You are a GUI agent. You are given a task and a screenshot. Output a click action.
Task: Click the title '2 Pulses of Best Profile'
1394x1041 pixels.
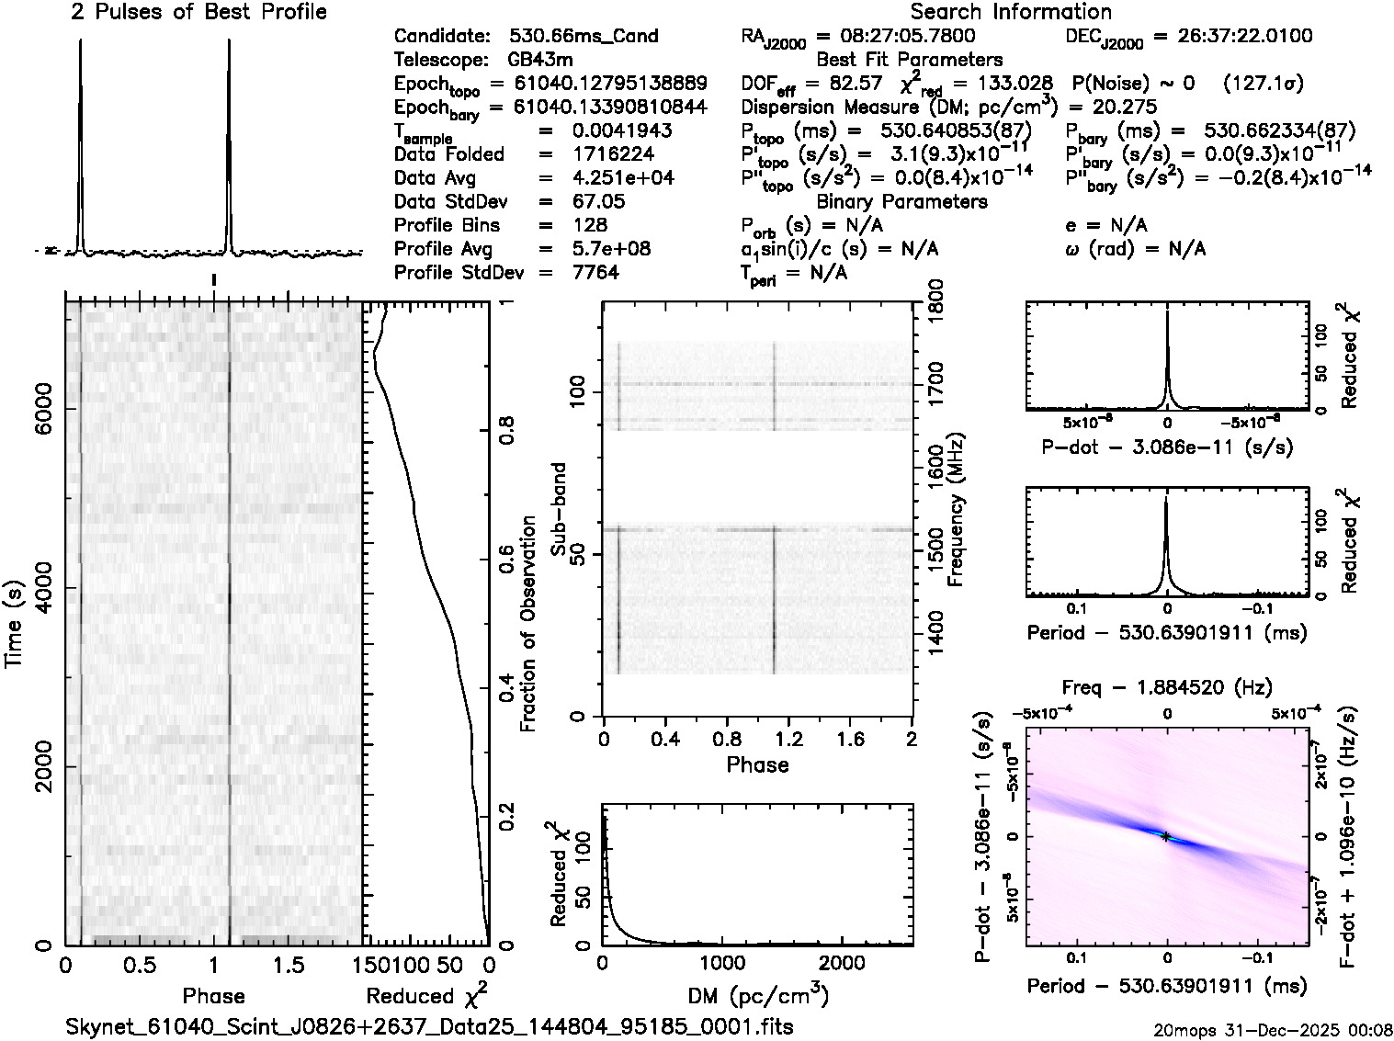[198, 12]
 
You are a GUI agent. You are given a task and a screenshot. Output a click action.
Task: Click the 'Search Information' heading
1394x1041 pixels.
[1011, 12]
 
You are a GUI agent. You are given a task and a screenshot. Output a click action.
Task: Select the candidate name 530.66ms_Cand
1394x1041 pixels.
[584, 36]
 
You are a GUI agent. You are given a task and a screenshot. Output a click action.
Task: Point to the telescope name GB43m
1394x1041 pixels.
[540, 60]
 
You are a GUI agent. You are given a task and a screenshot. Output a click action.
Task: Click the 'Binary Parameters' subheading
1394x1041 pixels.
[902, 201]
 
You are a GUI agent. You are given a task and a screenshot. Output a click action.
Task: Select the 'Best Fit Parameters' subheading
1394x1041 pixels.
[910, 60]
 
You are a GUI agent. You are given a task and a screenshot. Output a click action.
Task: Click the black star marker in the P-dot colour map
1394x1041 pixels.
[1165, 836]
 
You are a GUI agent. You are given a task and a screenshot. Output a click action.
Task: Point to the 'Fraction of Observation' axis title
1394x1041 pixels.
[527, 624]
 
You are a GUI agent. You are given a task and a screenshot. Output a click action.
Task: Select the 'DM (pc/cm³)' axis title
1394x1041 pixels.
[758, 995]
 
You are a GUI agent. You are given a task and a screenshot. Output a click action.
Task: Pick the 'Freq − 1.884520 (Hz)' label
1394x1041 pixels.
[1167, 687]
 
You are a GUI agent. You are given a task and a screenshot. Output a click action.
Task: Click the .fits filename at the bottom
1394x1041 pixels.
[430, 1026]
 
